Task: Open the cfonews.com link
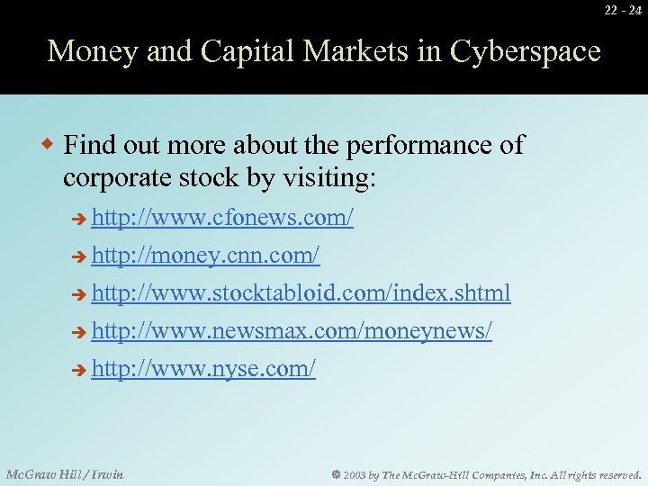222,219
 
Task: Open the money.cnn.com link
205,256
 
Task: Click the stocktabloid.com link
301,293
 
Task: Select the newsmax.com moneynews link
292,331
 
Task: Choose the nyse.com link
203,369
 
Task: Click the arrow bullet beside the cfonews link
79,220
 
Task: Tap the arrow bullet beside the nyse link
79,370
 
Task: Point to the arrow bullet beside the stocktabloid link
79,294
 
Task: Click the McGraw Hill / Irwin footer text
65,474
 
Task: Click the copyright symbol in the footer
333,474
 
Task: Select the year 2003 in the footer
355,474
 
